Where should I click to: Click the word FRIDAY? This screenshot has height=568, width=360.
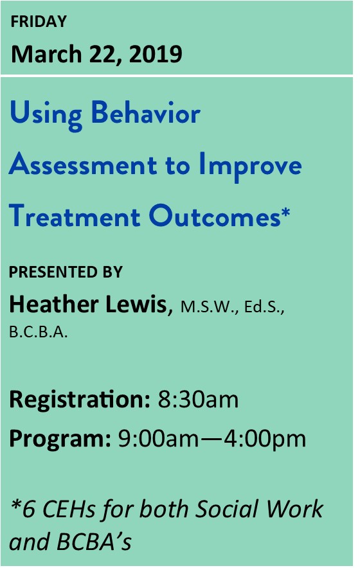click(39, 21)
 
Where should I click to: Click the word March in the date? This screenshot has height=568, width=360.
click(47, 54)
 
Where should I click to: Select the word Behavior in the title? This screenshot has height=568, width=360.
click(146, 113)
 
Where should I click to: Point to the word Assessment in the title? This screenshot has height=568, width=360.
click(83, 165)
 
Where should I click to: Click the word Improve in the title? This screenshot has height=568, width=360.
click(251, 167)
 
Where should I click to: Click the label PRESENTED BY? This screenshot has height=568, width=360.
click(66, 272)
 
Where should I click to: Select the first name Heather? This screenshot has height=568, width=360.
click(53, 304)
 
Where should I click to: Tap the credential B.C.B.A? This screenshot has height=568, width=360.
click(39, 332)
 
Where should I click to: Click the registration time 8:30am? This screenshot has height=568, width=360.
click(198, 400)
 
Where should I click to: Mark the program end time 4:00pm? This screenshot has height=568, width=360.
click(265, 439)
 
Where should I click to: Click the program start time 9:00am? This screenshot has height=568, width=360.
click(159, 439)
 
